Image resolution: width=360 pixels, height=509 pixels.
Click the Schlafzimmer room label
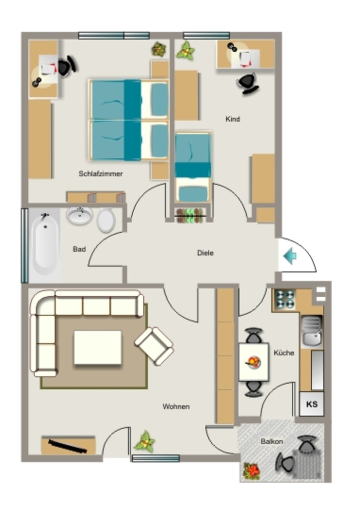(x=100, y=173)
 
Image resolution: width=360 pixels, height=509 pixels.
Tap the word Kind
(x=233, y=119)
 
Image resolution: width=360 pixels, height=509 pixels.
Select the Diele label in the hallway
(x=205, y=253)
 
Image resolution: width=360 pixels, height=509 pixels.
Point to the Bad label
(x=79, y=249)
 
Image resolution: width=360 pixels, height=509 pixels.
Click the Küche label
(x=284, y=352)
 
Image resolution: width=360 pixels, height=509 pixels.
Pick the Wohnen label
(x=176, y=407)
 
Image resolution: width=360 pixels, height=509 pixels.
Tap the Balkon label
(x=271, y=441)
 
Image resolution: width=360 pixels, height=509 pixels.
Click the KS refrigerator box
(x=312, y=404)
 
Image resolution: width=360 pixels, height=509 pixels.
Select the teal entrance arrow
(x=290, y=256)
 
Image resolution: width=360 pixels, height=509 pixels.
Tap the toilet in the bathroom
(x=106, y=220)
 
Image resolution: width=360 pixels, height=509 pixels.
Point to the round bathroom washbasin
(x=80, y=216)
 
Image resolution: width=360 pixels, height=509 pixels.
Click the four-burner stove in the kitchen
(x=285, y=299)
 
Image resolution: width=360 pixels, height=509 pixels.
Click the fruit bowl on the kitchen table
(x=254, y=362)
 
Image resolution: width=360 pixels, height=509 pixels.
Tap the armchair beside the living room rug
(x=154, y=346)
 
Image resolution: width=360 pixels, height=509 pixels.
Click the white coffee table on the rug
(x=98, y=347)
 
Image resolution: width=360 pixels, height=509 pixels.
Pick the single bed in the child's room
(x=193, y=167)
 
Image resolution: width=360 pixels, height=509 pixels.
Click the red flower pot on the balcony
(x=252, y=471)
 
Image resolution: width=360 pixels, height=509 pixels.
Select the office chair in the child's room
(x=248, y=84)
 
